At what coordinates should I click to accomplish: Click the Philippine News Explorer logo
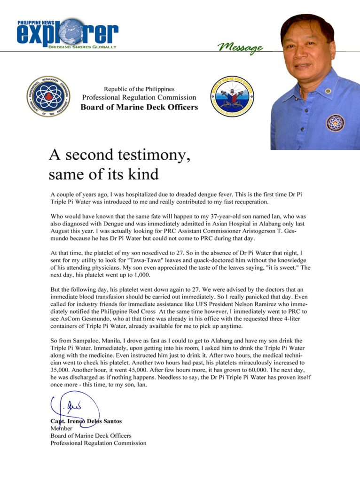pos(67,33)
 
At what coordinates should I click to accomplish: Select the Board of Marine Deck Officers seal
pos(231,97)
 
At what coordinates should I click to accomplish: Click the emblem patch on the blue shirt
pos(335,123)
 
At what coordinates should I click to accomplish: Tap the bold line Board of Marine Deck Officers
pos(139,107)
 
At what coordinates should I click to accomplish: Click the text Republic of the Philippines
pos(139,89)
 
